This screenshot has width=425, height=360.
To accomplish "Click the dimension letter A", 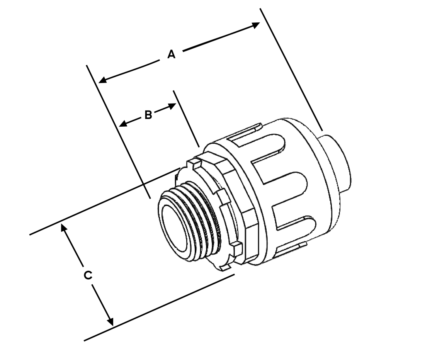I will pyautogui.click(x=171, y=54).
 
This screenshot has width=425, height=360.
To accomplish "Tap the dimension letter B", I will pyautogui.click(x=148, y=114).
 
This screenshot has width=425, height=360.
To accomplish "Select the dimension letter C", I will pyautogui.click(x=88, y=275).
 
